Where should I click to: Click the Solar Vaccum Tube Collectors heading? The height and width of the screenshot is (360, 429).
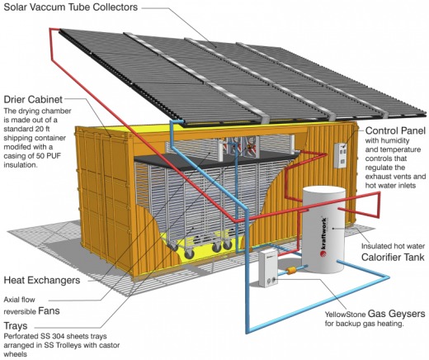(x=70, y=7)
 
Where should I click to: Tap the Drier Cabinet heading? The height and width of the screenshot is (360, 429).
(x=33, y=99)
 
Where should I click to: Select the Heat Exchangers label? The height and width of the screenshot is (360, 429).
(x=42, y=280)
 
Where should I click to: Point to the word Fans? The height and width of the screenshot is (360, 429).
(x=49, y=310)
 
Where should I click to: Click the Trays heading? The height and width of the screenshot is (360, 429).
(x=16, y=326)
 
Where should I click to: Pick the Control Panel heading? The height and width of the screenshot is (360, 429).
(x=395, y=130)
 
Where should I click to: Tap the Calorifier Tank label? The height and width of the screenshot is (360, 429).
(x=393, y=257)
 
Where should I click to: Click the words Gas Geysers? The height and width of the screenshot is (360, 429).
(x=396, y=314)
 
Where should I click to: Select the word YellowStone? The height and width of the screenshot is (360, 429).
(x=346, y=315)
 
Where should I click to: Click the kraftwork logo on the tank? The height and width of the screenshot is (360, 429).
(x=323, y=237)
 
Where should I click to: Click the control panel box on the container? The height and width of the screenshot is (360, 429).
(x=340, y=155)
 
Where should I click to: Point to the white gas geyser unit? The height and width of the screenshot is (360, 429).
(x=268, y=268)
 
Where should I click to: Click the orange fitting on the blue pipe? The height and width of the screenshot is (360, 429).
(x=290, y=271)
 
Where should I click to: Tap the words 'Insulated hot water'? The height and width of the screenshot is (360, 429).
(x=393, y=246)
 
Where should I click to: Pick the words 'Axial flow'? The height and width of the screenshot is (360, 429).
(x=19, y=300)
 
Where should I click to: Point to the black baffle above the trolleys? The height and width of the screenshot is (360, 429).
(x=214, y=160)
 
